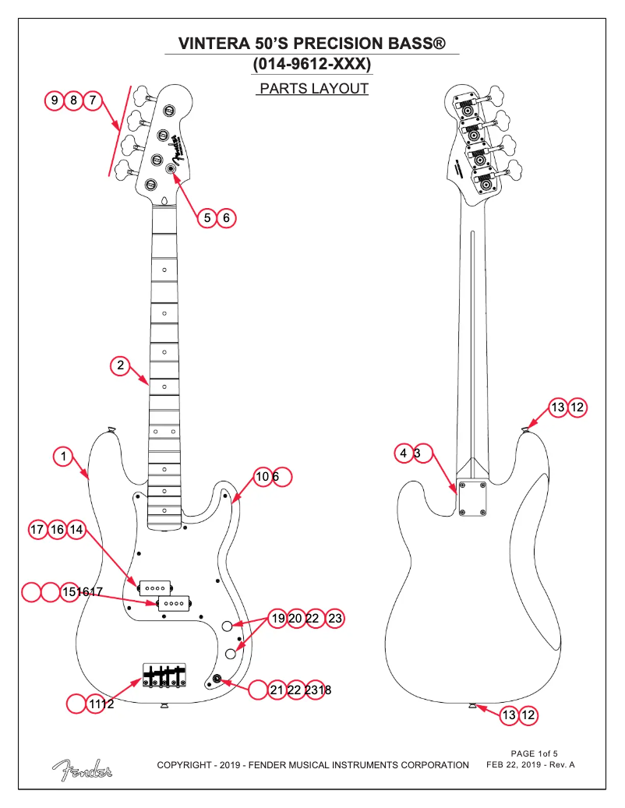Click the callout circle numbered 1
tap(64, 456)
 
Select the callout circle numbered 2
tap(120, 365)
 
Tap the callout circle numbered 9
tap(55, 101)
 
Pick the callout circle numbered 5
tap(207, 217)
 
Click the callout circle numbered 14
tap(76, 530)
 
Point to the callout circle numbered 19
tap(277, 619)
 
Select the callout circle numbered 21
tap(277, 690)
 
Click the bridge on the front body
tap(164, 676)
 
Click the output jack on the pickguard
tap(217, 682)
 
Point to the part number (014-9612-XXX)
tap(312, 62)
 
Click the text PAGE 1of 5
tap(534, 753)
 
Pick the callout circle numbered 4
tap(404, 453)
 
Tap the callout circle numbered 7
tap(93, 101)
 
